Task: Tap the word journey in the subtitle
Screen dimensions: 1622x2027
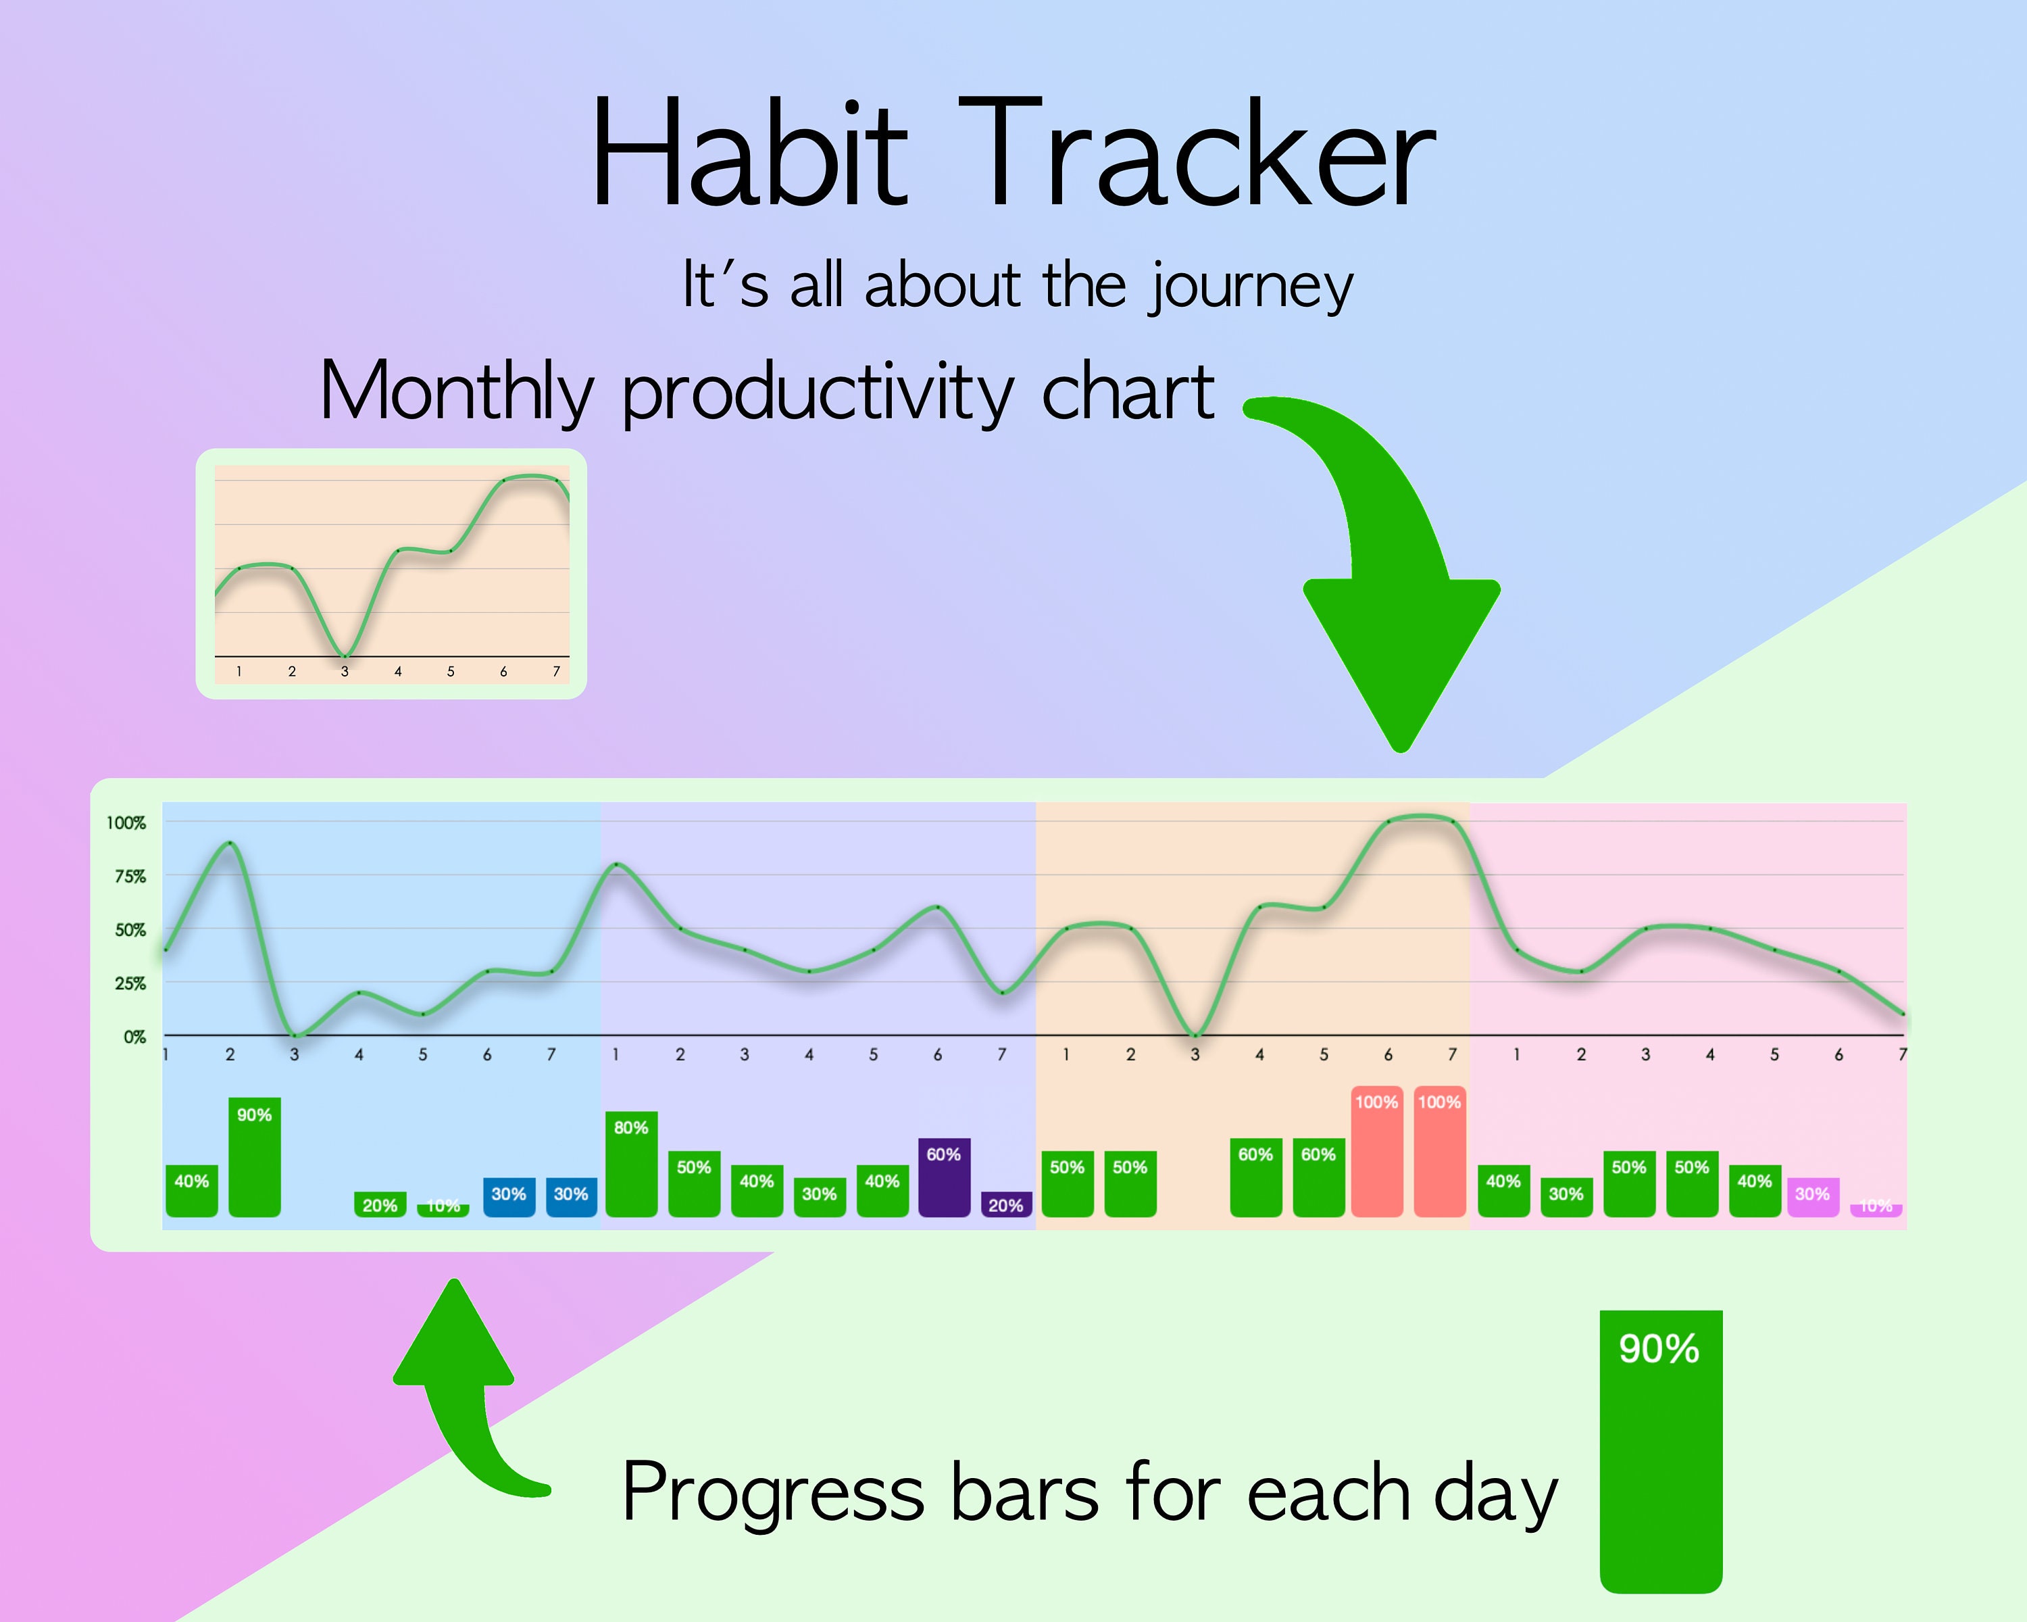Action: (x=1251, y=286)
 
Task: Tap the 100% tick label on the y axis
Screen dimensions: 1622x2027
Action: (x=126, y=822)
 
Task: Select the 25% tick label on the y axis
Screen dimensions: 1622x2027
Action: (x=130, y=983)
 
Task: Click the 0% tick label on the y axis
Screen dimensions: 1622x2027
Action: (x=134, y=1037)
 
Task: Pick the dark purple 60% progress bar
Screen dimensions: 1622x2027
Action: (x=944, y=1177)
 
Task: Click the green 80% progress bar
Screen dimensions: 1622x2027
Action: (x=631, y=1164)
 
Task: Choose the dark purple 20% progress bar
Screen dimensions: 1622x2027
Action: (x=1006, y=1204)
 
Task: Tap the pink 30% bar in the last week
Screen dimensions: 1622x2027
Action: (x=1813, y=1197)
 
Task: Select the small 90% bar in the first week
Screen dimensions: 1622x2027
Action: (x=254, y=1156)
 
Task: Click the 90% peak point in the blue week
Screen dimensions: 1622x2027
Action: (x=230, y=843)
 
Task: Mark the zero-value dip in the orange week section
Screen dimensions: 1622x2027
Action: (x=1195, y=1034)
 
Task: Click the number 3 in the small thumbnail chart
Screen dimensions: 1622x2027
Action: (x=345, y=671)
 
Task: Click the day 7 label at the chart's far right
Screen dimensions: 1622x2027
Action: (x=1902, y=1055)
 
